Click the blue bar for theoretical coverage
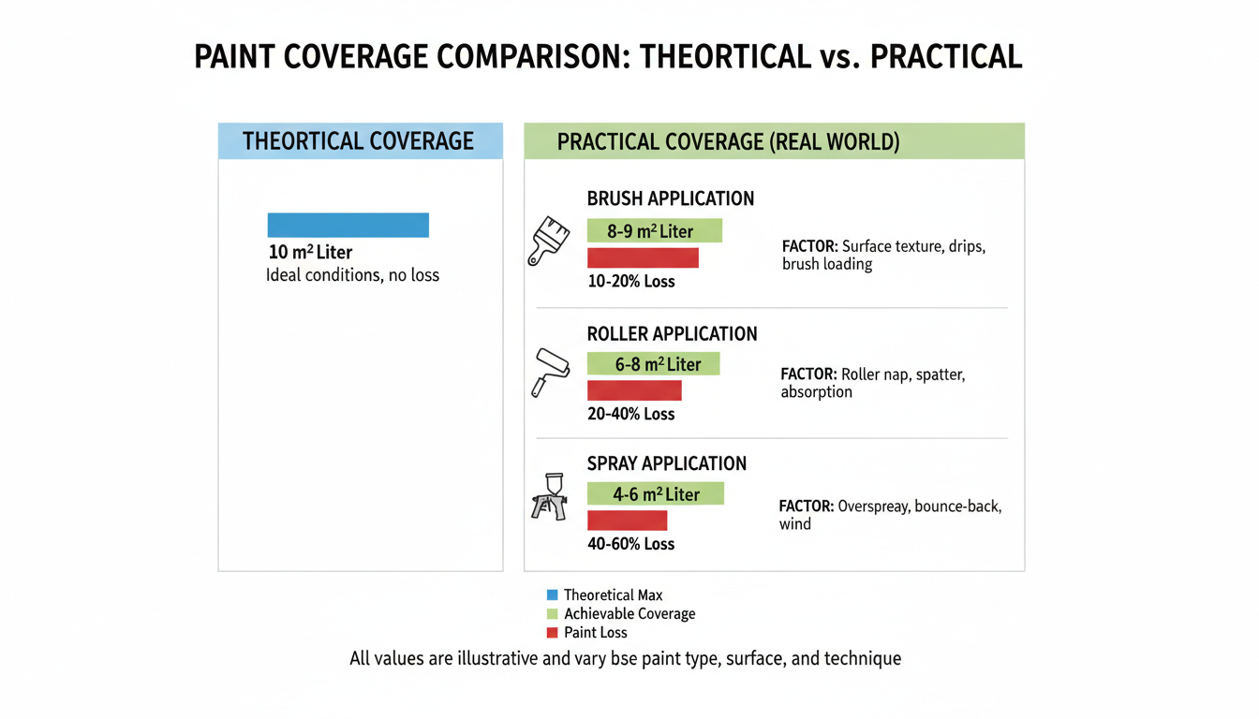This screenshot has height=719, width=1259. click(348, 225)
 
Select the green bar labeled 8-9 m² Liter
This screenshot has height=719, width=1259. click(654, 231)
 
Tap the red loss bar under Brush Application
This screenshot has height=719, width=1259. click(643, 258)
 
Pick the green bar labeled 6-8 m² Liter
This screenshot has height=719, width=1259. click(653, 364)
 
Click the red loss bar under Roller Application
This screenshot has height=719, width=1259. click(634, 390)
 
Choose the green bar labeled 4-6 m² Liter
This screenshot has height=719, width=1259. click(656, 494)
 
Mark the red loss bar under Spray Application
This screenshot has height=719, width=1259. click(627, 521)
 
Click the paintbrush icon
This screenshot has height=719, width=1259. click(549, 241)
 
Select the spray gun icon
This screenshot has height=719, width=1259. click(549, 497)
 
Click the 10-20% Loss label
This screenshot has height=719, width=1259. click(630, 281)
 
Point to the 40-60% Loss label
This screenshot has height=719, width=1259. click(630, 544)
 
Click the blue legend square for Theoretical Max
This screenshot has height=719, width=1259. click(552, 594)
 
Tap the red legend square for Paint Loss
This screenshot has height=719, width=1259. click(552, 633)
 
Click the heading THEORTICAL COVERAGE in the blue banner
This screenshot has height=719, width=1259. click(358, 141)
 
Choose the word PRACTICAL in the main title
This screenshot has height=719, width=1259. click(945, 57)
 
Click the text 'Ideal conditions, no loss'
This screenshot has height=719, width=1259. click(352, 275)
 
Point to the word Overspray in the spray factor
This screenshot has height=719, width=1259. click(873, 506)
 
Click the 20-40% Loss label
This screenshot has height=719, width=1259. click(630, 414)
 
